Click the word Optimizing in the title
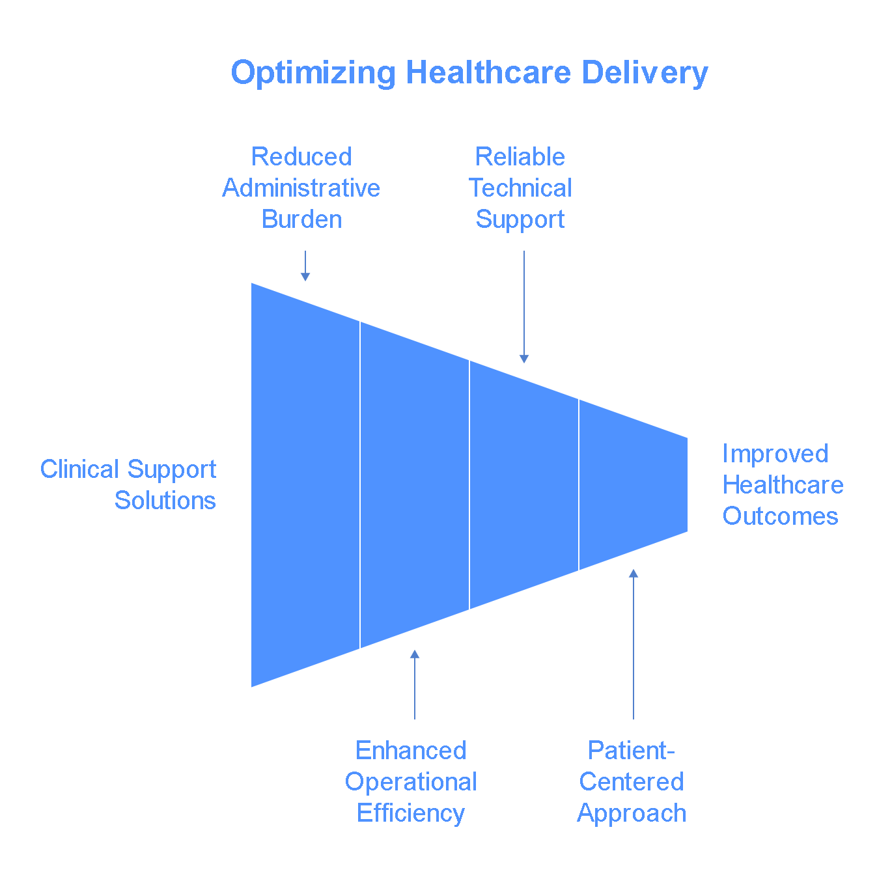coord(313,73)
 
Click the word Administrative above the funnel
coord(301,188)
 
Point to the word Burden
coord(301,219)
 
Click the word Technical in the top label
coord(520,188)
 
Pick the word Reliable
coord(520,157)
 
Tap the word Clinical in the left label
coord(79,469)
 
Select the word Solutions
coord(165,501)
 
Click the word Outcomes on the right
coord(780,516)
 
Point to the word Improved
coord(775,454)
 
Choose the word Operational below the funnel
coord(411,782)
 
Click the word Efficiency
coord(411,813)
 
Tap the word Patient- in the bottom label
coord(632,751)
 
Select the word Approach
coord(632,813)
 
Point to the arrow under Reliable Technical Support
coord(524,307)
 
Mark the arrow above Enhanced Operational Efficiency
coord(415,684)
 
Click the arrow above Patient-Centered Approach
coord(634,644)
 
